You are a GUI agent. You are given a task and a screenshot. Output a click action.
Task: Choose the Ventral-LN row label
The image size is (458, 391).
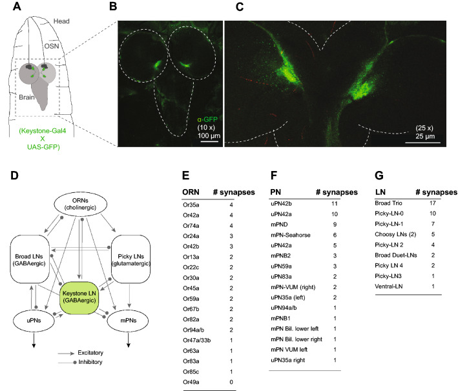(x=391, y=286)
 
